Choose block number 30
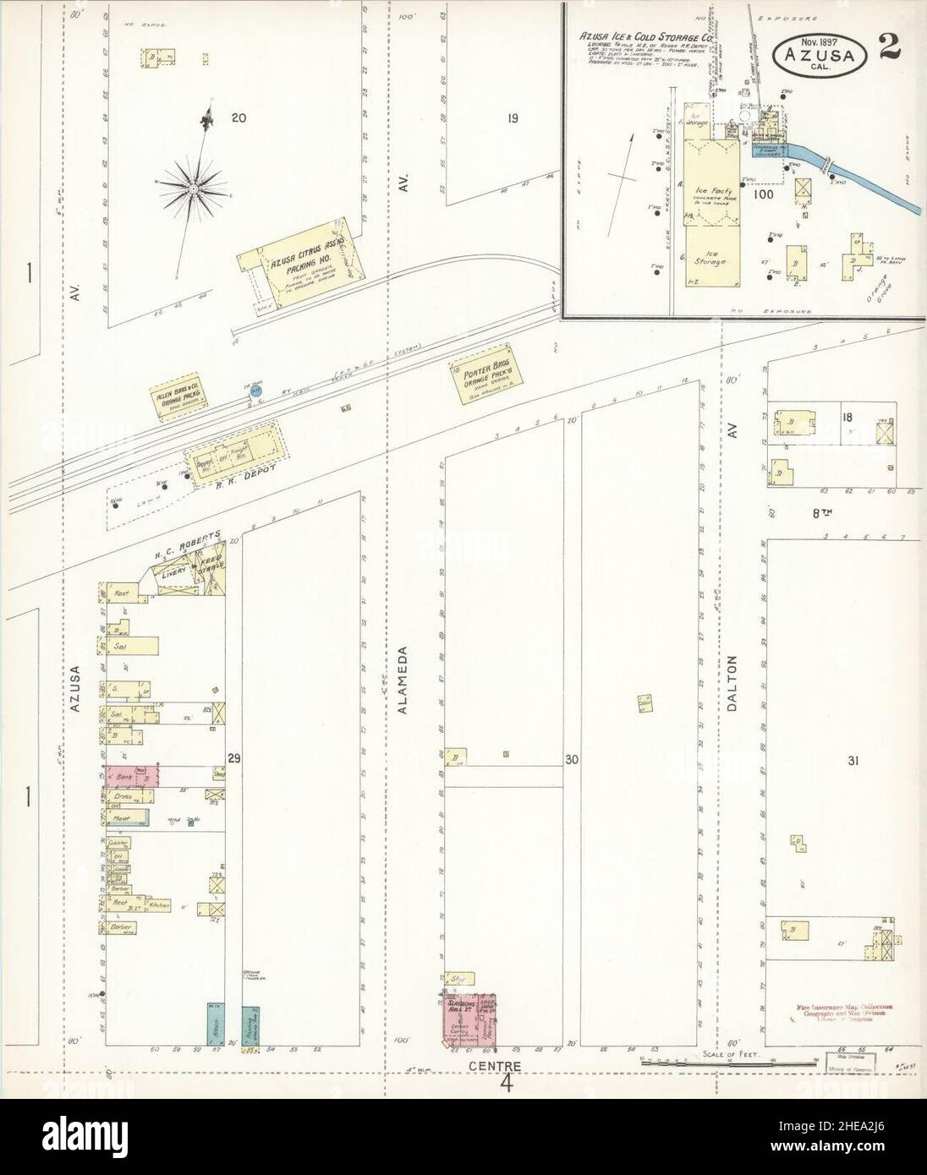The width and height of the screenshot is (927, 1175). [573, 760]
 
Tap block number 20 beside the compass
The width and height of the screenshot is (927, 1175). [239, 118]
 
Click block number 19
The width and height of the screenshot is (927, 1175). [513, 118]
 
